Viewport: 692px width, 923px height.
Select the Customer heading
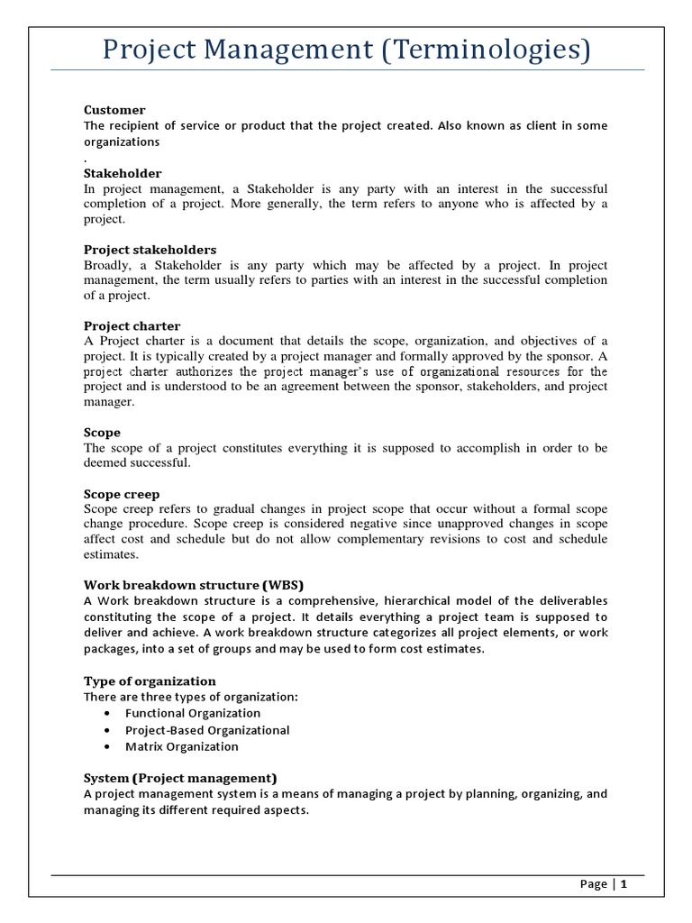(114, 110)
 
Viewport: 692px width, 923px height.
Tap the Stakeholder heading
(123, 172)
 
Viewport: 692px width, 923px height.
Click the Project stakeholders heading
(150, 249)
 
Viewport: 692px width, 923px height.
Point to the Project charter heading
(132, 325)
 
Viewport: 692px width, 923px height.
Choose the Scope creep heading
(122, 494)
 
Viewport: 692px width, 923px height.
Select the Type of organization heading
(150, 681)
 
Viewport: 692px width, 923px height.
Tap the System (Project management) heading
(180, 778)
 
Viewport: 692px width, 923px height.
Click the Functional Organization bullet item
(193, 713)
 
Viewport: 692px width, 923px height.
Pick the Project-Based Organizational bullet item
(207, 730)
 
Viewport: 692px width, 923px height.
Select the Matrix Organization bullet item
(182, 746)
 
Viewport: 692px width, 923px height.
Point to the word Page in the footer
(593, 884)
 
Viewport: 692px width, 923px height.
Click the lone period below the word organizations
(86, 156)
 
